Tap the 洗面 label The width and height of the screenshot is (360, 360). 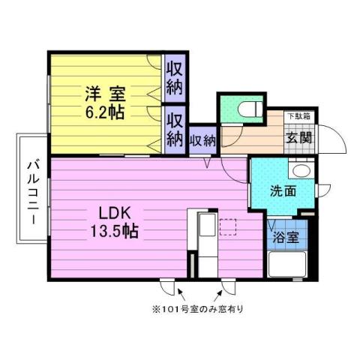(x=283, y=190)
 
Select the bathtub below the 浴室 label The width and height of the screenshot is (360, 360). (x=287, y=265)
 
